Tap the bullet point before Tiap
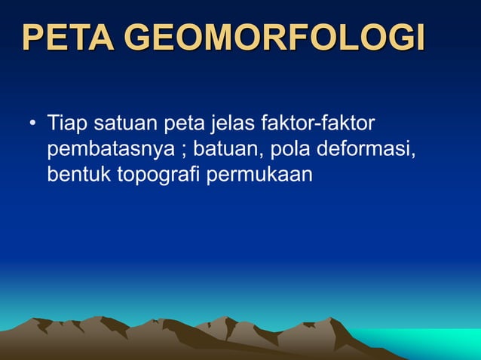pos(32,122)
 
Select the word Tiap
pos(66,121)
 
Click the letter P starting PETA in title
pos(33,38)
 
